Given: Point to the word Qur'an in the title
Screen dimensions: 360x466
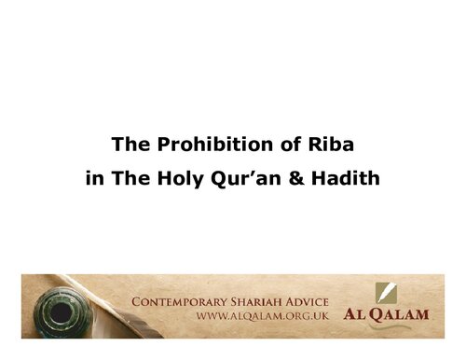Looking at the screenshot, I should pyautogui.click(x=260, y=177).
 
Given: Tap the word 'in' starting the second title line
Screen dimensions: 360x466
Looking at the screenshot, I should pyautogui.click(x=93, y=177).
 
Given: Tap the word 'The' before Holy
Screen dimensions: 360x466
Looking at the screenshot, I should pyautogui.click(x=149, y=177).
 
